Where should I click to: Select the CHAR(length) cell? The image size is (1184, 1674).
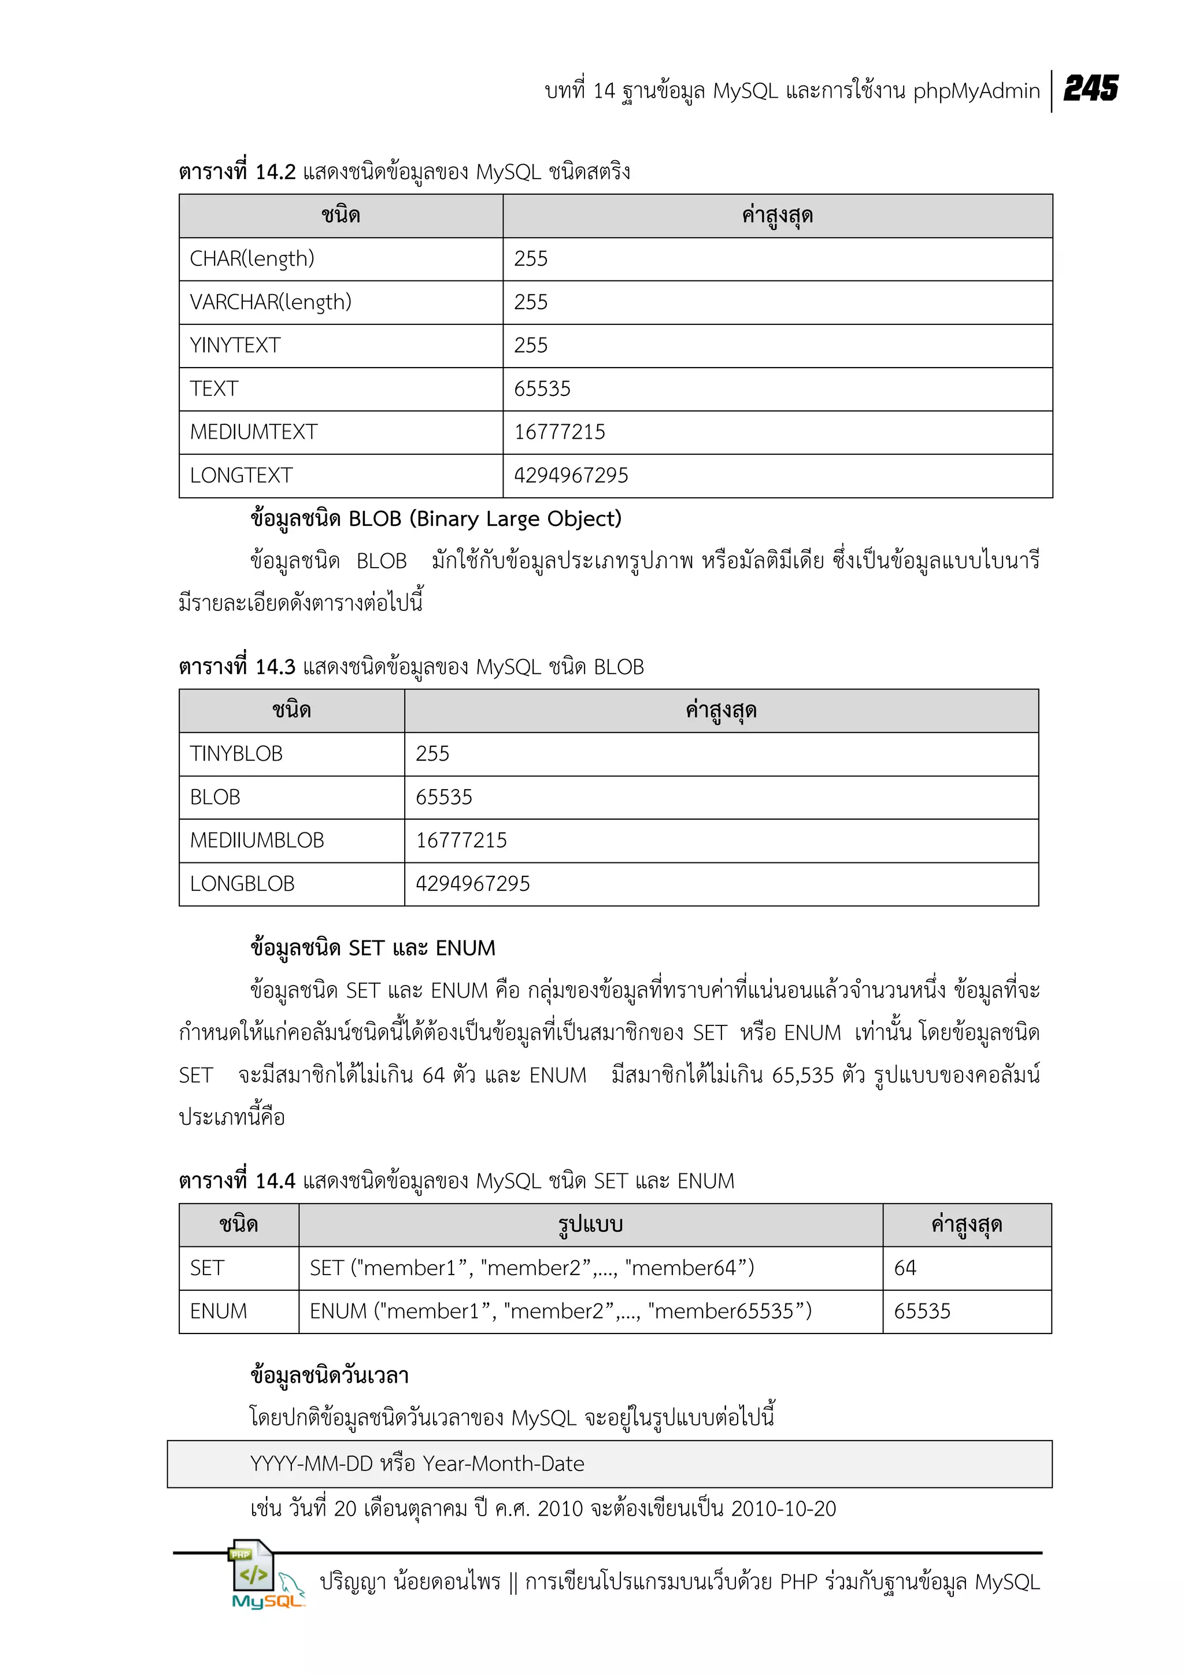click(252, 259)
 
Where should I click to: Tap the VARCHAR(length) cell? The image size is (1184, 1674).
click(271, 302)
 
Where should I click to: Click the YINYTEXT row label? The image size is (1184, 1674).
click(235, 346)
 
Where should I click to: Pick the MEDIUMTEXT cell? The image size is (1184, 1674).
click(254, 432)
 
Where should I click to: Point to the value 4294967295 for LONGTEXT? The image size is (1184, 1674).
click(571, 475)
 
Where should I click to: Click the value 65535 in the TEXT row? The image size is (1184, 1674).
click(542, 388)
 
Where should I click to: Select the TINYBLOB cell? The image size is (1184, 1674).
click(236, 754)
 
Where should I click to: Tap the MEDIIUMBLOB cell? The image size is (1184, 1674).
click(257, 840)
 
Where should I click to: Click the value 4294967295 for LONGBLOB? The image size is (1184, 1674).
click(472, 884)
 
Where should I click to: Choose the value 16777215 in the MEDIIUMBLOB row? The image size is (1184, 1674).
click(461, 840)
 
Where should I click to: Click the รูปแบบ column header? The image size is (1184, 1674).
click(590, 1224)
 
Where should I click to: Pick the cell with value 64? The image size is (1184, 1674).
click(905, 1268)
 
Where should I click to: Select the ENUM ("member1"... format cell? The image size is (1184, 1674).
click(560, 1311)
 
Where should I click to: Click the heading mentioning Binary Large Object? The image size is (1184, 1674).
click(435, 519)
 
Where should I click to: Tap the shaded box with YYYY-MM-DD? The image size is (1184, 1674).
click(609, 1463)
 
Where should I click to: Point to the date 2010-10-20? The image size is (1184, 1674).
click(783, 1509)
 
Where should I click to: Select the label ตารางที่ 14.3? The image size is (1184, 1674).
click(237, 667)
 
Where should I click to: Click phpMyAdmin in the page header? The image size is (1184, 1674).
click(975, 91)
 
